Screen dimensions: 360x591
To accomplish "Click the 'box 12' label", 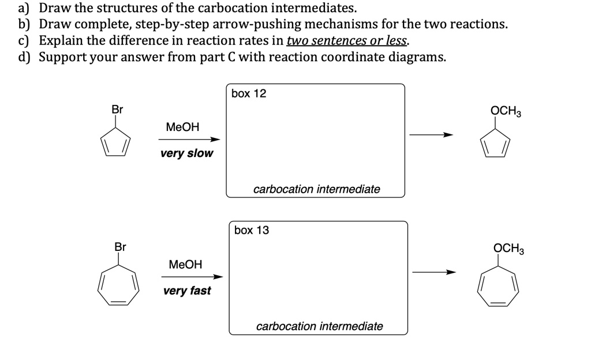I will coord(249,93).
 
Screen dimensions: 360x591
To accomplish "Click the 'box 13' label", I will coord(252,230).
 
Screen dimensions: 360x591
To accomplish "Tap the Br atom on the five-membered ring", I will coord(117,109).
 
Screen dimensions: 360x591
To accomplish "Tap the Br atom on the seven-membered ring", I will coord(119,247).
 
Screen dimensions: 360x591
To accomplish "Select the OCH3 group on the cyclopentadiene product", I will coord(506,111).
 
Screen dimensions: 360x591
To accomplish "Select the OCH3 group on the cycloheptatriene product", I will coord(508,249).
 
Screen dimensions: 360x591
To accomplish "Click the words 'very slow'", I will coord(186,153).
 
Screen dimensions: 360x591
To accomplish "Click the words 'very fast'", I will coord(187,291).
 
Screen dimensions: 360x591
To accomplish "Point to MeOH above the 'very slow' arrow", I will coord(182,127).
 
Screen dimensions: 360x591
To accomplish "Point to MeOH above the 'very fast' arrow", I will coord(185,264).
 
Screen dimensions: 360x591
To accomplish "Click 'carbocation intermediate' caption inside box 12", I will coord(316,189).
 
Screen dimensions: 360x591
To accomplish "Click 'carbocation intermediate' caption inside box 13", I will coord(319,327).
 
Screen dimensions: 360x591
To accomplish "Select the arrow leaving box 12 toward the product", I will coord(431,136).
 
